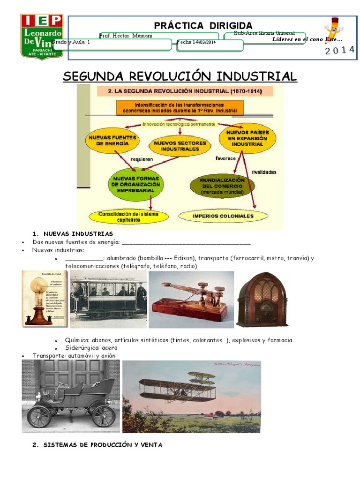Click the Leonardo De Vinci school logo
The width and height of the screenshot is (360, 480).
[x=42, y=37]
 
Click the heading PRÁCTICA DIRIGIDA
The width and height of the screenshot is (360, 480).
[x=203, y=25]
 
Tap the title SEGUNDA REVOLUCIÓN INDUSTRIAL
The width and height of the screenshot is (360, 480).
[x=180, y=76]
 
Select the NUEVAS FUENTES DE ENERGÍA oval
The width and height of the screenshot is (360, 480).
[x=112, y=140]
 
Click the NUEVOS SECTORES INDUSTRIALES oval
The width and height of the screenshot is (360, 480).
[x=173, y=145]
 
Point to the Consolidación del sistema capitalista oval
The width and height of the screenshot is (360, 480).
[x=128, y=216]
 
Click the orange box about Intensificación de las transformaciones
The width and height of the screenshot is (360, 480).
[x=180, y=108]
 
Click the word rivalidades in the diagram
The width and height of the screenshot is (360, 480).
[x=264, y=172]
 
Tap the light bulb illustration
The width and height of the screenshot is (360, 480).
[x=37, y=299]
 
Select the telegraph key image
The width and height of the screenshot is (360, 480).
[x=191, y=299]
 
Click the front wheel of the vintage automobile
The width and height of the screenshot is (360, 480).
[x=39, y=416]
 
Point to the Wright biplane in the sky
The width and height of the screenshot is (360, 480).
[x=178, y=387]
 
